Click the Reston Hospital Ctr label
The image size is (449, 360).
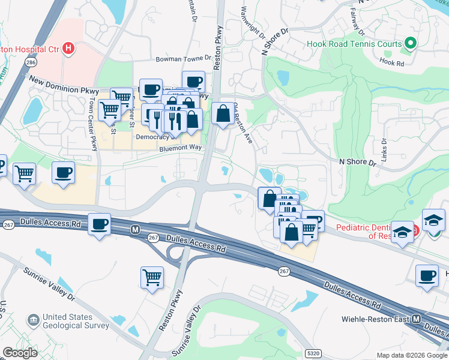point(30,47)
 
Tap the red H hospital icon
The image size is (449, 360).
point(69,47)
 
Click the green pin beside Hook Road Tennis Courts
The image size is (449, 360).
point(411,43)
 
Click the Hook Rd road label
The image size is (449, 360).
point(393,61)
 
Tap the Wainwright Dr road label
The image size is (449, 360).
point(252,23)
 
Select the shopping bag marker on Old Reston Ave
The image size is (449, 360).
point(223,113)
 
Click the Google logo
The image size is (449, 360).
point(20,352)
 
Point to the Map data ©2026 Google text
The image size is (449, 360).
point(411,355)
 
